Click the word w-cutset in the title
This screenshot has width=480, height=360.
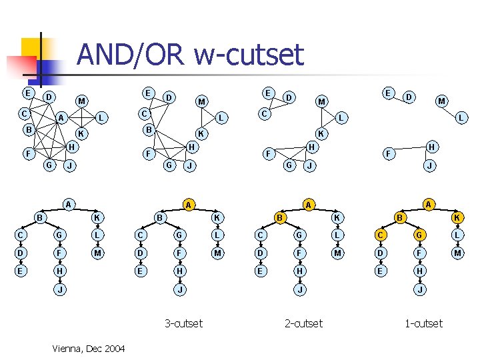coord(249,55)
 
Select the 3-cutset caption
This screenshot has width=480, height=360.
coord(183,323)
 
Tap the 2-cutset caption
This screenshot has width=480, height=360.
coord(303,323)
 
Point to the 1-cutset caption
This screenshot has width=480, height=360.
coord(423,323)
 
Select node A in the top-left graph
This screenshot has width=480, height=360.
coord(61,118)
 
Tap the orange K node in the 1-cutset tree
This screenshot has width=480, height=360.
coord(457,217)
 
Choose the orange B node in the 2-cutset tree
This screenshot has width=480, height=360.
coord(281,217)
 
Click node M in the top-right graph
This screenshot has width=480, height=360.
coord(441,101)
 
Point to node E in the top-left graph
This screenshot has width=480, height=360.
coord(27,93)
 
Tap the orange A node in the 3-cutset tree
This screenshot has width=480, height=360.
coord(189,203)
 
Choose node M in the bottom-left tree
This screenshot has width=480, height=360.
coord(97,253)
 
